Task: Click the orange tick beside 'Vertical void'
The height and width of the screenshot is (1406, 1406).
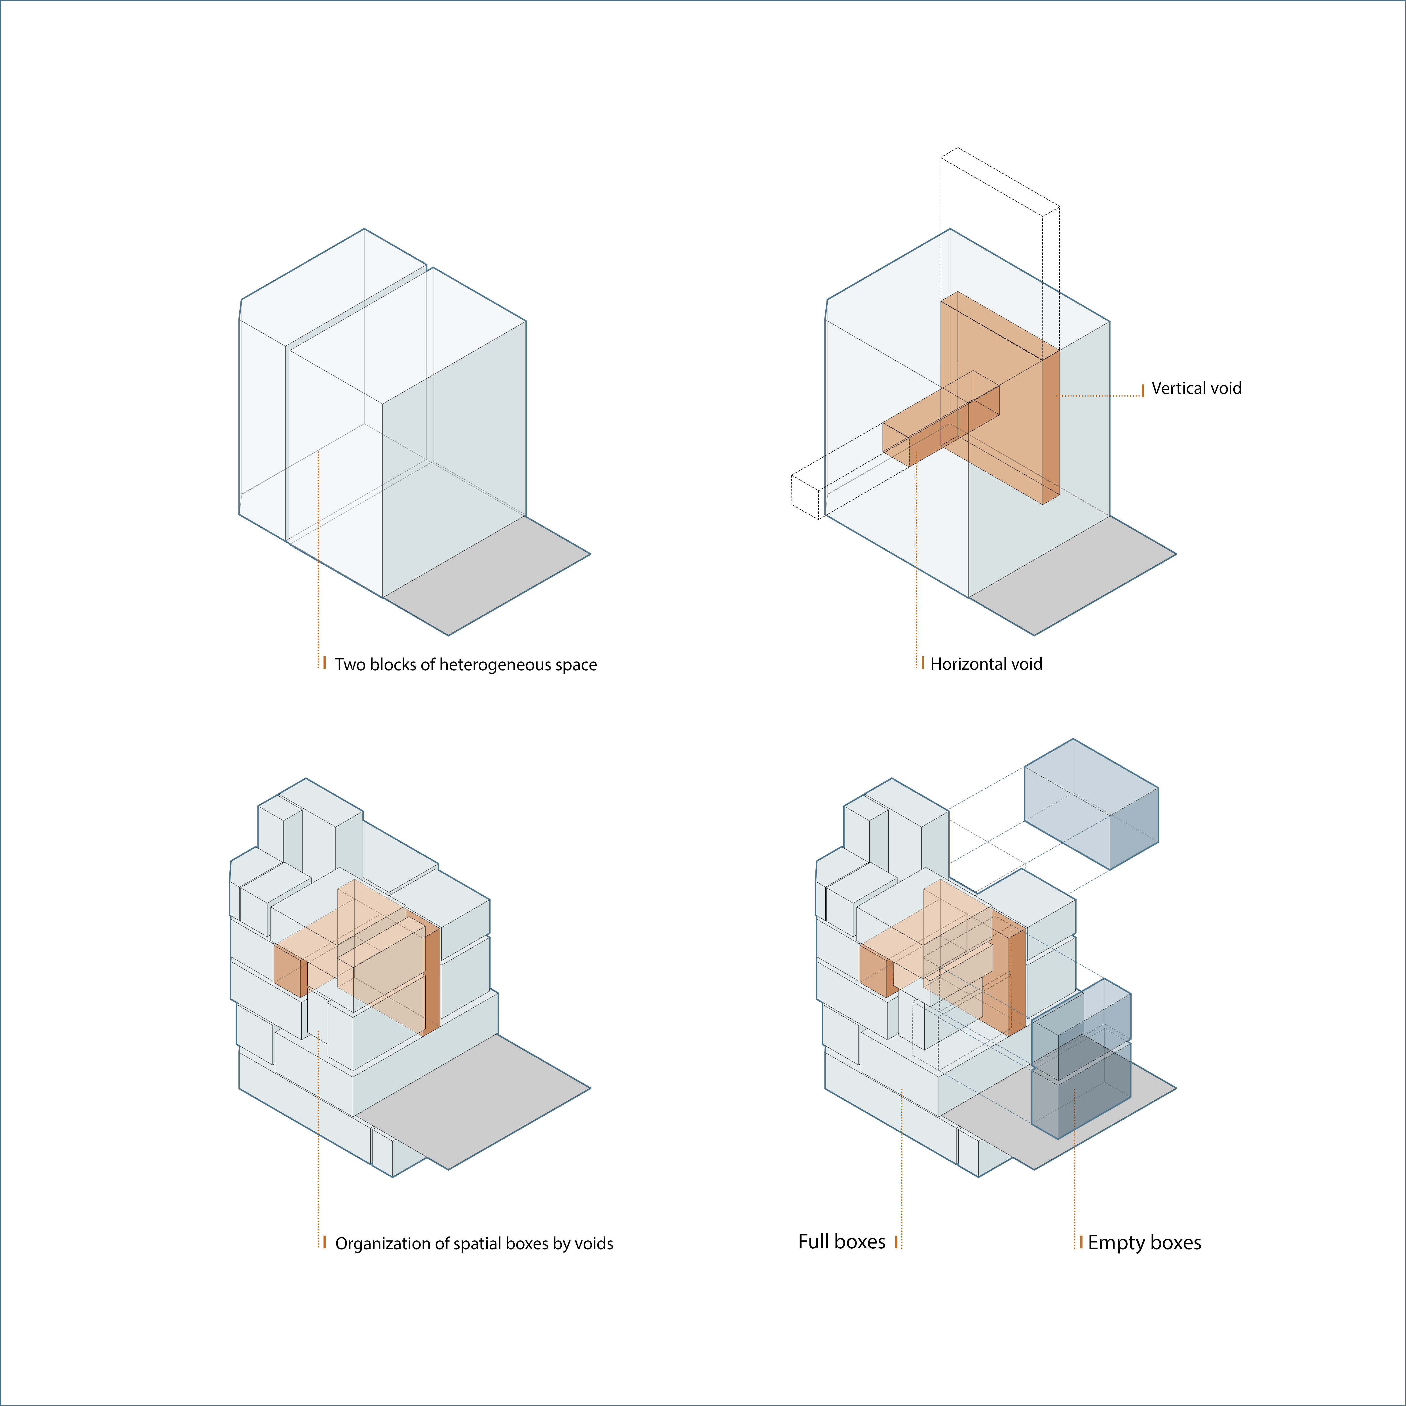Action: click(x=1143, y=390)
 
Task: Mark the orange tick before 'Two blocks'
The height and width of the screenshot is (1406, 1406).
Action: click(x=325, y=663)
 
